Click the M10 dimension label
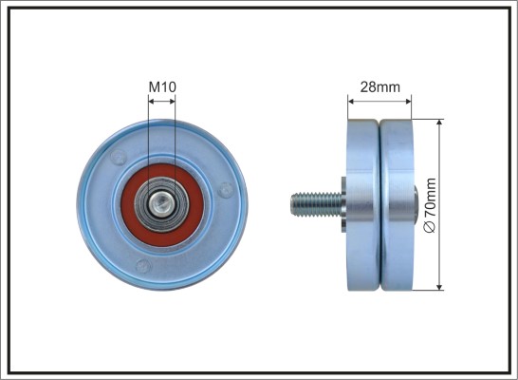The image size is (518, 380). pos(162,87)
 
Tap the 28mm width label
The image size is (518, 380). pos(379,87)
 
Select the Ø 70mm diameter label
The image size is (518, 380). pos(431,205)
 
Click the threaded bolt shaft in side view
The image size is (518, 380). pos(317,205)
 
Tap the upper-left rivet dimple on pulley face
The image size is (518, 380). pos(119,157)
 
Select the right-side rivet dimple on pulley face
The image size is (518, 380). pos(226,190)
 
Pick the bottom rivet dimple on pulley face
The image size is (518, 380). pos(143,266)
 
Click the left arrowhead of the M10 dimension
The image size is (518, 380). pos(152,102)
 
